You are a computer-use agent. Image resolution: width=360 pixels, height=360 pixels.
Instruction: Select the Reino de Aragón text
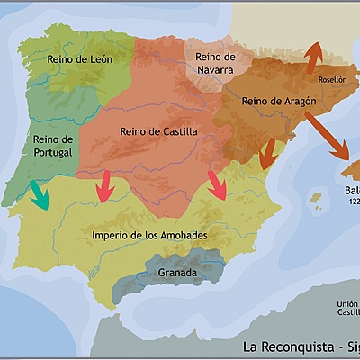[x=279, y=102]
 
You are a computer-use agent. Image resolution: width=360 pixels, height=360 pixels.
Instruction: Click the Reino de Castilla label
[x=158, y=132]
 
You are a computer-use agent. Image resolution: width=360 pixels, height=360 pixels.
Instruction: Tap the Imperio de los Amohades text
[x=149, y=236]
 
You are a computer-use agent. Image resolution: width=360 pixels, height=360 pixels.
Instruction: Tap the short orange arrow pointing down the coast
[x=266, y=155]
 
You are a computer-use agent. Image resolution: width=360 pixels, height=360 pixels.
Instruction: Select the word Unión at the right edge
[x=347, y=304]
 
